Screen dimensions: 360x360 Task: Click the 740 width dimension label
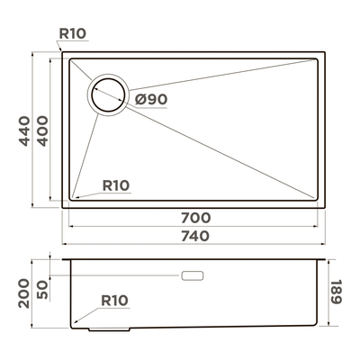195,236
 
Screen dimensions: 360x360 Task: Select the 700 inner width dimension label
195,218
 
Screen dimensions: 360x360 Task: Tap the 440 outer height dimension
24,131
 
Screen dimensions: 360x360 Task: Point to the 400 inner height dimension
42,131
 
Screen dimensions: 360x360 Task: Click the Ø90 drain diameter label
151,99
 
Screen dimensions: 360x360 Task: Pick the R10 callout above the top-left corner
73,33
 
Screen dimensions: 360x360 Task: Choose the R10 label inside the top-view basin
116,185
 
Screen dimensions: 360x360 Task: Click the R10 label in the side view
114,301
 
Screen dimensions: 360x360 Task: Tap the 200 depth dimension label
24,293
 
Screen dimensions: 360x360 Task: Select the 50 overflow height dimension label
42,290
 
